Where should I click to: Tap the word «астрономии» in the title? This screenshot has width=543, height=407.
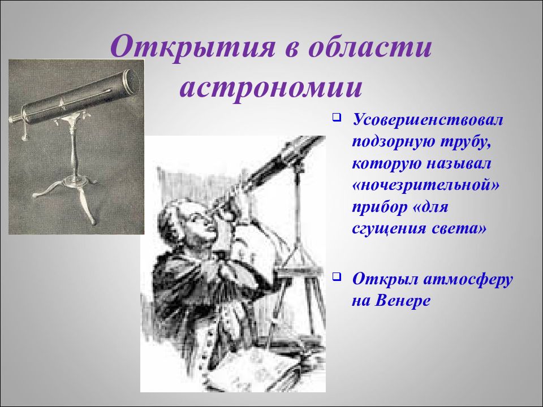point(271,87)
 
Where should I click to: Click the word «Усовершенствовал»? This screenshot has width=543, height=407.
point(428,120)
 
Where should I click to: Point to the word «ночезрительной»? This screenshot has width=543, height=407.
point(426,185)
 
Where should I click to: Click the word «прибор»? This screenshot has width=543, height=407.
point(376,207)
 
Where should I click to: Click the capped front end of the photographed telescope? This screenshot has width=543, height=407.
point(132,81)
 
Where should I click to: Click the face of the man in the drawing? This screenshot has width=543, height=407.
point(200,222)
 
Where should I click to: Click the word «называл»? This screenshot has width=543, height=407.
point(459,164)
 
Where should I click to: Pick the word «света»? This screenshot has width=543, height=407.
point(459,230)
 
